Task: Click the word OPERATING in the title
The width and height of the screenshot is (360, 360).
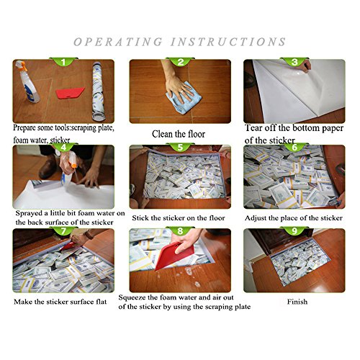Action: tap(118, 42)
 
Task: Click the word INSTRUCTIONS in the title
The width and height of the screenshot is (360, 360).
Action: tap(228, 42)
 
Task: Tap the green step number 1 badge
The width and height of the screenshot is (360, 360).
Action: tap(63, 62)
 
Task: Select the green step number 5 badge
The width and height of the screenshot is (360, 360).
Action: tap(180, 147)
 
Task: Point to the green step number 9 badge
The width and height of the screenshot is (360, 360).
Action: tap(294, 230)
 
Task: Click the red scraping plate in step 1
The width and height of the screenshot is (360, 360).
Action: tap(70, 93)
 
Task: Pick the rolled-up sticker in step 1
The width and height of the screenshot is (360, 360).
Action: tap(99, 91)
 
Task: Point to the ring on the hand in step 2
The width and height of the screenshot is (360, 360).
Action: tap(184, 91)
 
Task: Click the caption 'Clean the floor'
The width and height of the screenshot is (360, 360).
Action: tap(179, 134)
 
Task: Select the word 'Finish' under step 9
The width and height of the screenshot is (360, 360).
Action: tap(297, 302)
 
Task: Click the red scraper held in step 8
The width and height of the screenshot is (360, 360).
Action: tap(174, 255)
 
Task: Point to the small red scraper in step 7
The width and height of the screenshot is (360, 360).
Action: tap(68, 246)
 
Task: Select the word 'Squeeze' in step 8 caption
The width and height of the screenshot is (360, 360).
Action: tap(132, 298)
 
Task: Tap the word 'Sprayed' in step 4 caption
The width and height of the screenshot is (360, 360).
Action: tap(28, 213)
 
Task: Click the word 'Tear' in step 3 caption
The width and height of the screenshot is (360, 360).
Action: tap(253, 127)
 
